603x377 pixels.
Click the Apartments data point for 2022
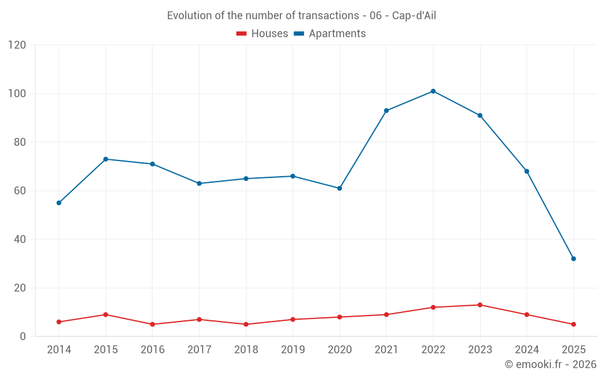coord(433,91)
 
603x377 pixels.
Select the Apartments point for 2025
coord(573,259)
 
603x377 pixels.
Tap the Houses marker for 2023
coord(480,305)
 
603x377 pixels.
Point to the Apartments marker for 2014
coord(58,203)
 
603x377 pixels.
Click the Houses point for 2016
coord(153,325)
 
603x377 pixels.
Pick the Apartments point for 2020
coord(339,188)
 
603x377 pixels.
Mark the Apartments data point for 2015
coord(106,159)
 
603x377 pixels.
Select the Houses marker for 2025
coord(573,325)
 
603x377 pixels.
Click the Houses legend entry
coord(262,34)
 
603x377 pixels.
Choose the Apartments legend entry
coord(330,34)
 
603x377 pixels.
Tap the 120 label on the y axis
coord(17,45)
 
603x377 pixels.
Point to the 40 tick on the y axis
coord(20,239)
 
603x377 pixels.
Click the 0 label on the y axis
coord(23,337)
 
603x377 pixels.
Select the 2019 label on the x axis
coord(293,350)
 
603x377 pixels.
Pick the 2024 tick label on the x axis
coord(527,350)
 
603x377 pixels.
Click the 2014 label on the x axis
coord(58,350)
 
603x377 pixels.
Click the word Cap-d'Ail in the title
coord(414,16)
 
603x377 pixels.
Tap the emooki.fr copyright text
coord(551,364)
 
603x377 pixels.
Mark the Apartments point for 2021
coord(387,110)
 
